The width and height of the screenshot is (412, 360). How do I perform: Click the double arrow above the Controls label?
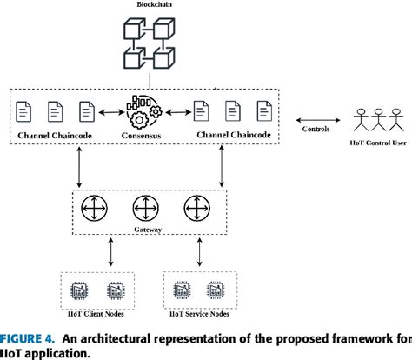tap(322, 121)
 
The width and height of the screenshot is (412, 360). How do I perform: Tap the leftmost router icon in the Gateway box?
tap(92, 209)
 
